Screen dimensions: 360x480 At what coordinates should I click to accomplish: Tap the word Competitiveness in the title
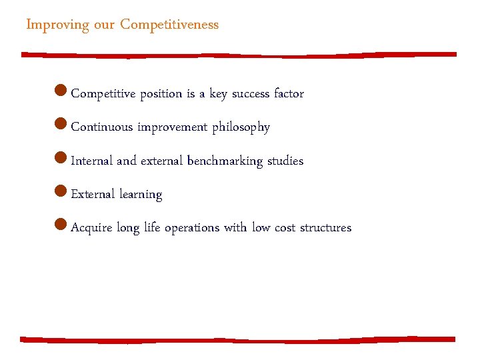click(x=169, y=25)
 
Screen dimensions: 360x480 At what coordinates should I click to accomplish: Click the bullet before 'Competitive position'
click(x=61, y=91)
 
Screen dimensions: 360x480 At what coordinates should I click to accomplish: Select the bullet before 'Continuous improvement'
click(x=61, y=125)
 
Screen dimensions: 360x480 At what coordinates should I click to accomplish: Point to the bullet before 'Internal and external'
click(x=61, y=159)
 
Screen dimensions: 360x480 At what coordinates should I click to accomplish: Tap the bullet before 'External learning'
click(x=61, y=192)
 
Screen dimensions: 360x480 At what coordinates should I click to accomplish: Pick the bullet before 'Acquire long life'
click(x=61, y=225)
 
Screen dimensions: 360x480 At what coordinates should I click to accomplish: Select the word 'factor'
click(x=289, y=94)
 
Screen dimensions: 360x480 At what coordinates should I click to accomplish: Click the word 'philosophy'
click(x=241, y=127)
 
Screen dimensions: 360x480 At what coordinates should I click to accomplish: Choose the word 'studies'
click(x=285, y=161)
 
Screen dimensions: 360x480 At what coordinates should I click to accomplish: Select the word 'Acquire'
click(x=91, y=228)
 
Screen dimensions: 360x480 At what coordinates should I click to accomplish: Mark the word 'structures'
click(x=325, y=228)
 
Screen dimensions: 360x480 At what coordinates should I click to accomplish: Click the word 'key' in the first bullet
click(x=218, y=94)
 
